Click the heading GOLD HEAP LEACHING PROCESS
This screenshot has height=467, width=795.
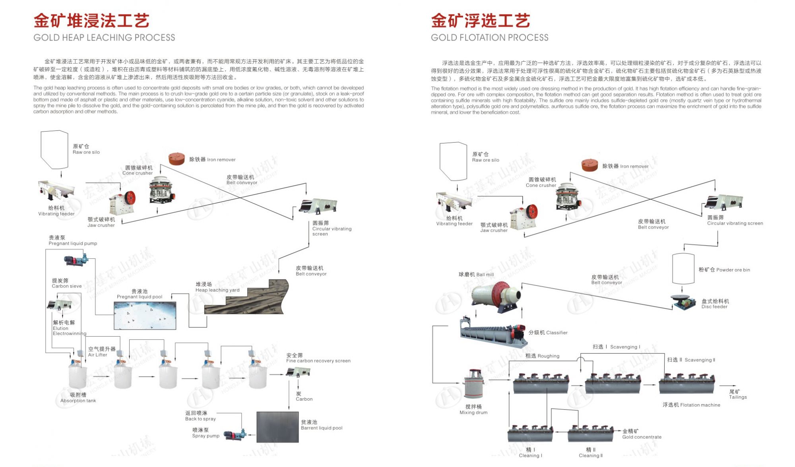tap(104, 37)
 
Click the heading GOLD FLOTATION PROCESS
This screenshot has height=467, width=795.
tap(489, 37)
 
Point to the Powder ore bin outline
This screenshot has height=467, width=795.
tap(683, 269)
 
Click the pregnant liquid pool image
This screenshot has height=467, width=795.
tap(145, 315)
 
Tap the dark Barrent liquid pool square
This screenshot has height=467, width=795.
tap(277, 427)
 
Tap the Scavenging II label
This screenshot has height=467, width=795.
tap(691, 360)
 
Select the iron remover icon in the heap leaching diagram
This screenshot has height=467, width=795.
tap(176, 159)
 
